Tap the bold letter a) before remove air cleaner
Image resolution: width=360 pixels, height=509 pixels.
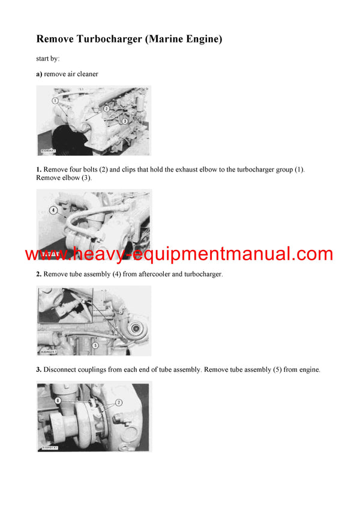(40, 74)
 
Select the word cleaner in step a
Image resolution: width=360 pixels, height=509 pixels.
(86, 74)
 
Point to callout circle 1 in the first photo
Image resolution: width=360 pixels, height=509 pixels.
(55, 101)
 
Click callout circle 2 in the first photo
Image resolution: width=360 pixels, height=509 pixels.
(106, 109)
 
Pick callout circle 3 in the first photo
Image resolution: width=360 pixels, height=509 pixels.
(124, 121)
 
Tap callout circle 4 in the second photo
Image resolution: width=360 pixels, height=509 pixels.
(53, 210)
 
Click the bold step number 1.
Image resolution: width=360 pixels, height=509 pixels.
(39, 170)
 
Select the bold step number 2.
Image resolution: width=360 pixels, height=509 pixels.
(39, 274)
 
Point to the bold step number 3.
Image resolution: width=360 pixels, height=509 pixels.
(39, 370)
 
